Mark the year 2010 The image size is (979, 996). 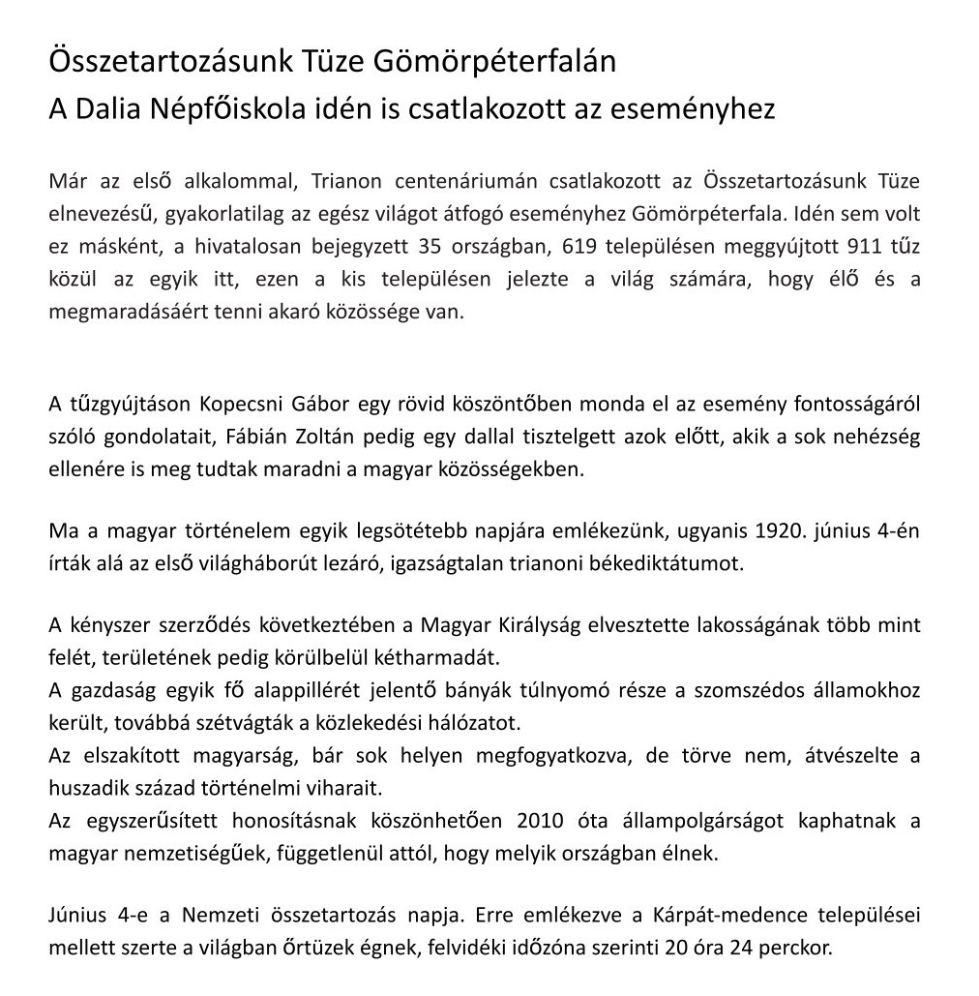(x=538, y=821)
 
